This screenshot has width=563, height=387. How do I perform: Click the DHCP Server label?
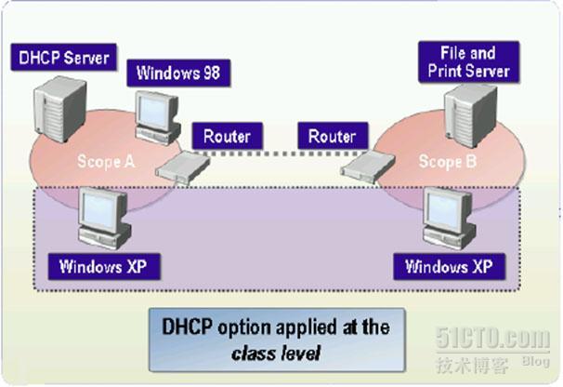point(66,59)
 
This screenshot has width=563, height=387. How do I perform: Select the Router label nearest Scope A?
point(228,137)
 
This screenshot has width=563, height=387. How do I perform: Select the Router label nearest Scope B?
point(333,137)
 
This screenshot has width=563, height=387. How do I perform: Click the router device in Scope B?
point(360,167)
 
